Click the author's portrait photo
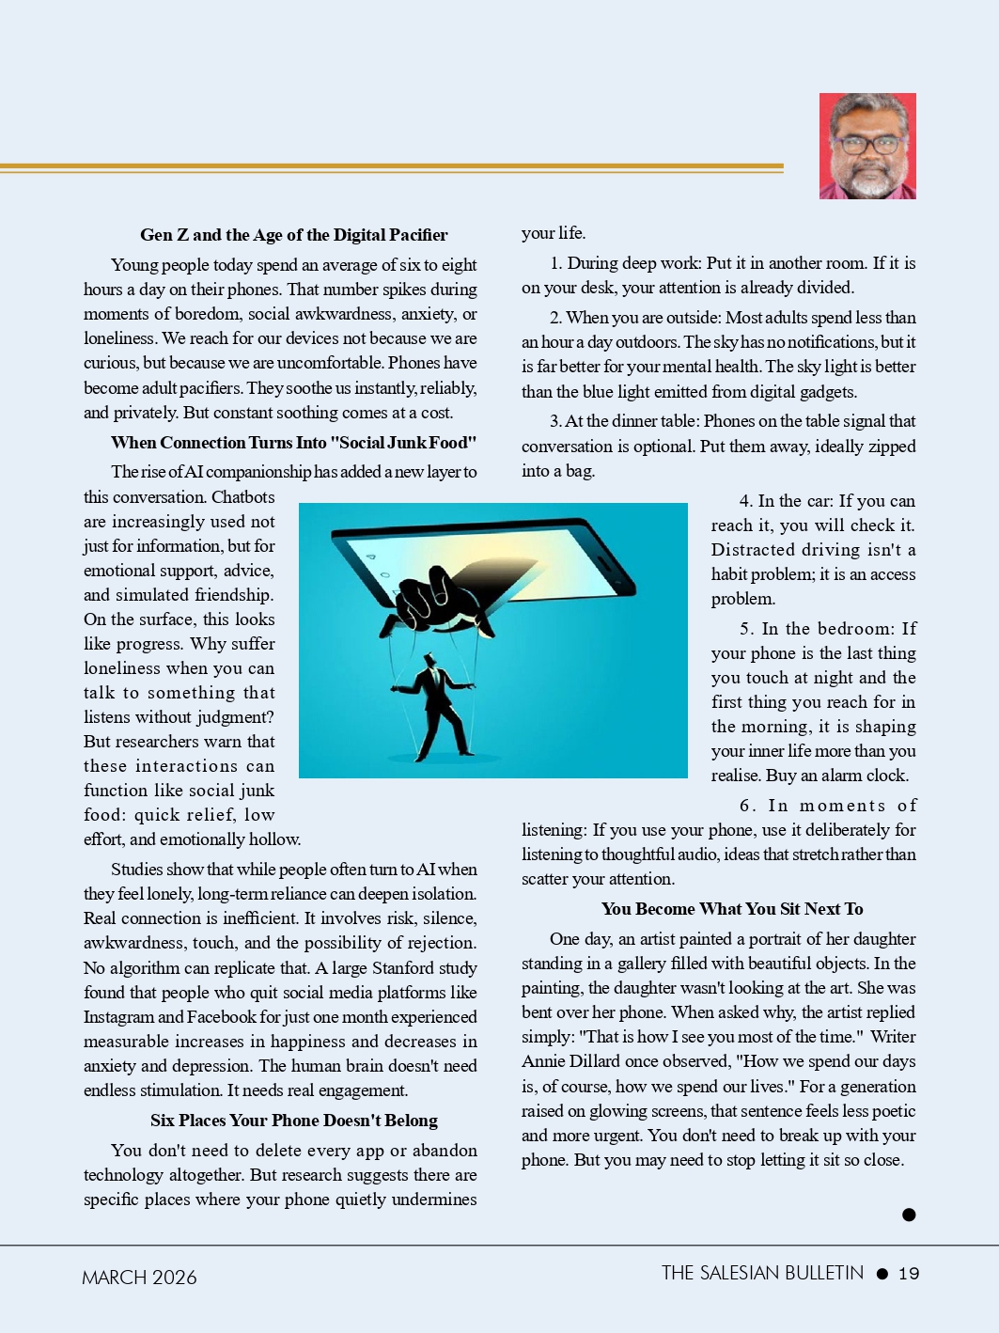point(867,146)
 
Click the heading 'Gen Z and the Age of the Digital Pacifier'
point(293,235)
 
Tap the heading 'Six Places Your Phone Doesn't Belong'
point(293,1121)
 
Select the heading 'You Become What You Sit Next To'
point(732,909)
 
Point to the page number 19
point(909,1274)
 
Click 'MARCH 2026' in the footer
point(139,1278)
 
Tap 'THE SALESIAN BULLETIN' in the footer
point(762,1273)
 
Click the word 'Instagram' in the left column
point(118,1017)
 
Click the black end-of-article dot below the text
point(909,1215)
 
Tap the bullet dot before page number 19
point(882,1274)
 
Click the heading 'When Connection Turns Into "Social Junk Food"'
point(293,443)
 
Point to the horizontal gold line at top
point(391,168)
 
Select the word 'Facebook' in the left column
point(221,1017)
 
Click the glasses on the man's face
point(866,146)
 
